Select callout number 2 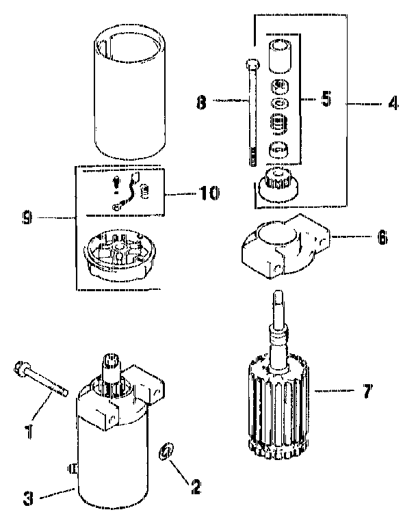coord(196,487)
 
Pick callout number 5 coord(326,98)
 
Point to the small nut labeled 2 coord(166,453)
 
